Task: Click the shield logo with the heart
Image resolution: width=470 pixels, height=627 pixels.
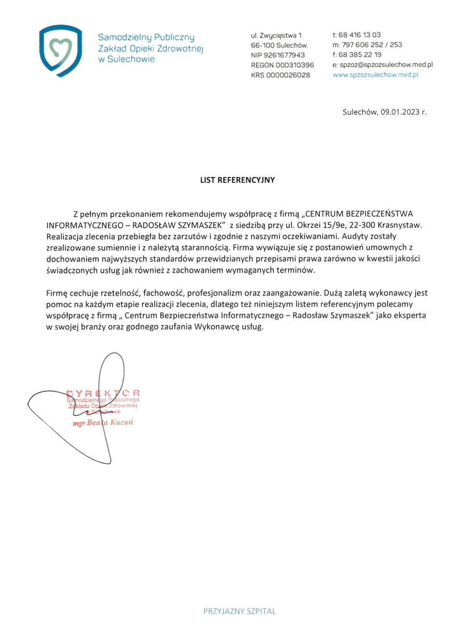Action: coord(61,51)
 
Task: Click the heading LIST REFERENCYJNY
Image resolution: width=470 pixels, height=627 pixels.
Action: coord(237,180)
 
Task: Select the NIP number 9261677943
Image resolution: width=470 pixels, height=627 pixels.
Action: coord(284,55)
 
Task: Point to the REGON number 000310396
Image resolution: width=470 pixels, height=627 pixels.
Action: coord(295,65)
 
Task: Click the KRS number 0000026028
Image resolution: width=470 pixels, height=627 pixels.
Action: coord(288,75)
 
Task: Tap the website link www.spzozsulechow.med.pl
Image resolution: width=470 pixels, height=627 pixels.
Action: coord(375,75)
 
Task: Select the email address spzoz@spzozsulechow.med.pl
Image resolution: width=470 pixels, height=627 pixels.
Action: coord(386,65)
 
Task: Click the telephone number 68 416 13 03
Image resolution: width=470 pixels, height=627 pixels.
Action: coord(359,35)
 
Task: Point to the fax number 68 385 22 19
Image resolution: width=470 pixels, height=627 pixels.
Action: coord(360,55)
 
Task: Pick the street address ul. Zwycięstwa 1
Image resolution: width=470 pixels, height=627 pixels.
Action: coord(276,36)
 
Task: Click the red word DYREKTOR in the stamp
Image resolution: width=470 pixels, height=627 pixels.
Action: coord(103,393)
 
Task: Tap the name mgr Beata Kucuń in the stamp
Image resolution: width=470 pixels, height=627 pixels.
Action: coord(103,423)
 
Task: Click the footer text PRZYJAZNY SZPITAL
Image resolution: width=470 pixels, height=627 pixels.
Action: coord(239,611)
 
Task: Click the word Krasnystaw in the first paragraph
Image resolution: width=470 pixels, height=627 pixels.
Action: coord(399,225)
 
